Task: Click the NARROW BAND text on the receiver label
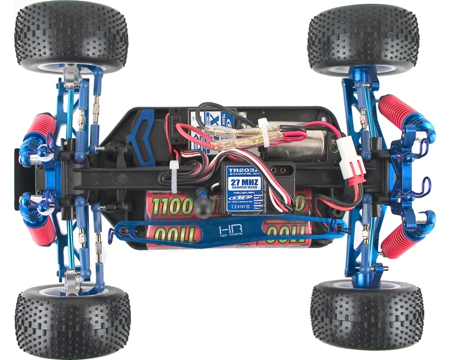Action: [x=244, y=191]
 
